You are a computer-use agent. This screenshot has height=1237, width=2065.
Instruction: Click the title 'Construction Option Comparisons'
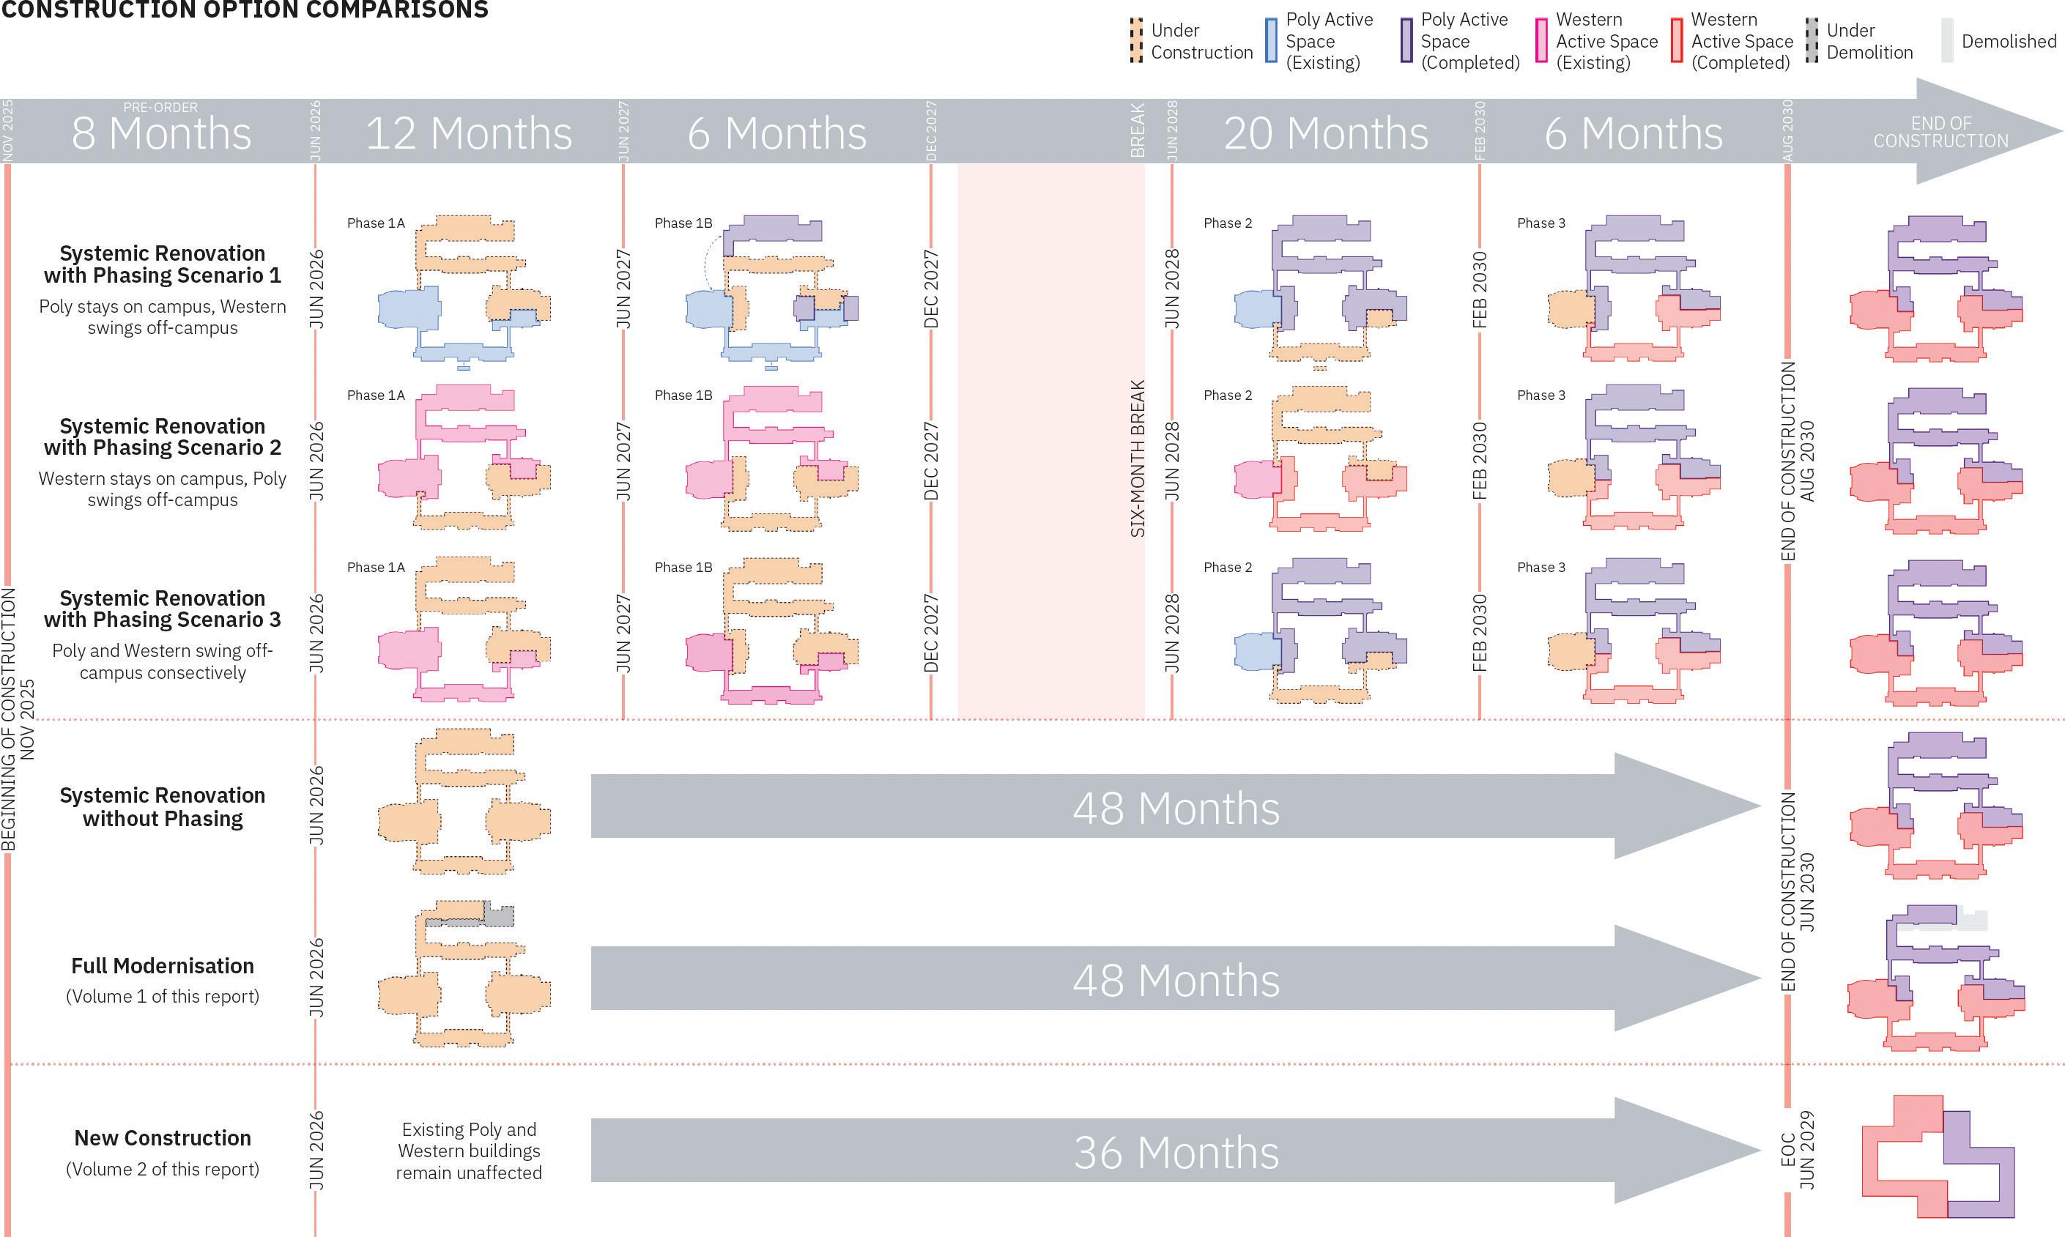(x=244, y=10)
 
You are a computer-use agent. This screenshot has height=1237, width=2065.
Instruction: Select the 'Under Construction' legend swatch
(x=1135, y=41)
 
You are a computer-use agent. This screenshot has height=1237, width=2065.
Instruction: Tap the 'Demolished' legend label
(x=2009, y=41)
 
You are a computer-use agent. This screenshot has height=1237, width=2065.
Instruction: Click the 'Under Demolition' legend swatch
(x=1812, y=41)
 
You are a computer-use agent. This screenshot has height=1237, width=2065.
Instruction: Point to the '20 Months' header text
(x=1326, y=133)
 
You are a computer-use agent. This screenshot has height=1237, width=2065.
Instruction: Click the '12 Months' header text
(x=469, y=133)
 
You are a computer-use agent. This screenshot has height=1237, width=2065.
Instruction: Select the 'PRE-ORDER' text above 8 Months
(x=161, y=108)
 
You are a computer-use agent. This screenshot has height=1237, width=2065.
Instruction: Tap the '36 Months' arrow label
(x=1176, y=1153)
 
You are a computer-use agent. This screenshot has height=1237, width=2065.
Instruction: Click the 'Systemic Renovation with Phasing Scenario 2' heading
(x=163, y=437)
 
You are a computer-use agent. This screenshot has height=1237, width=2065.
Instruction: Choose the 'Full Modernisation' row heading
(x=163, y=966)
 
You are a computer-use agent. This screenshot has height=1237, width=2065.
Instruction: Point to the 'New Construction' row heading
(x=163, y=1139)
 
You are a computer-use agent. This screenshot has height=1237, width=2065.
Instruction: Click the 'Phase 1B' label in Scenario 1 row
(x=683, y=223)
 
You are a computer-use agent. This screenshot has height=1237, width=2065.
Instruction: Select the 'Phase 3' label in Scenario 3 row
(x=1541, y=568)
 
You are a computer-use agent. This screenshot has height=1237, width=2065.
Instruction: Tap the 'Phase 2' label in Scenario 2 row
(x=1227, y=395)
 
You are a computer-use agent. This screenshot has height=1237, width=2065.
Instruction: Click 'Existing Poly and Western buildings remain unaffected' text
(x=469, y=1151)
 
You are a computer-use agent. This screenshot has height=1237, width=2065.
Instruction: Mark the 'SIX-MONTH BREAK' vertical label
(x=1137, y=458)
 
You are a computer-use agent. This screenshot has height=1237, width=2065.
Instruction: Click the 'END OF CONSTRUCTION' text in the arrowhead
(x=1940, y=133)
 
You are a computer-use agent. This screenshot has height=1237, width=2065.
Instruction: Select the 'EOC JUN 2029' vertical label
(x=1797, y=1151)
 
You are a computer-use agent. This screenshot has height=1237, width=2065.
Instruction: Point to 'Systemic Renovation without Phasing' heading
(x=163, y=807)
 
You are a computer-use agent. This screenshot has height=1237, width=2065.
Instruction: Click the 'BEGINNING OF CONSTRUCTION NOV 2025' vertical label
(x=18, y=718)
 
